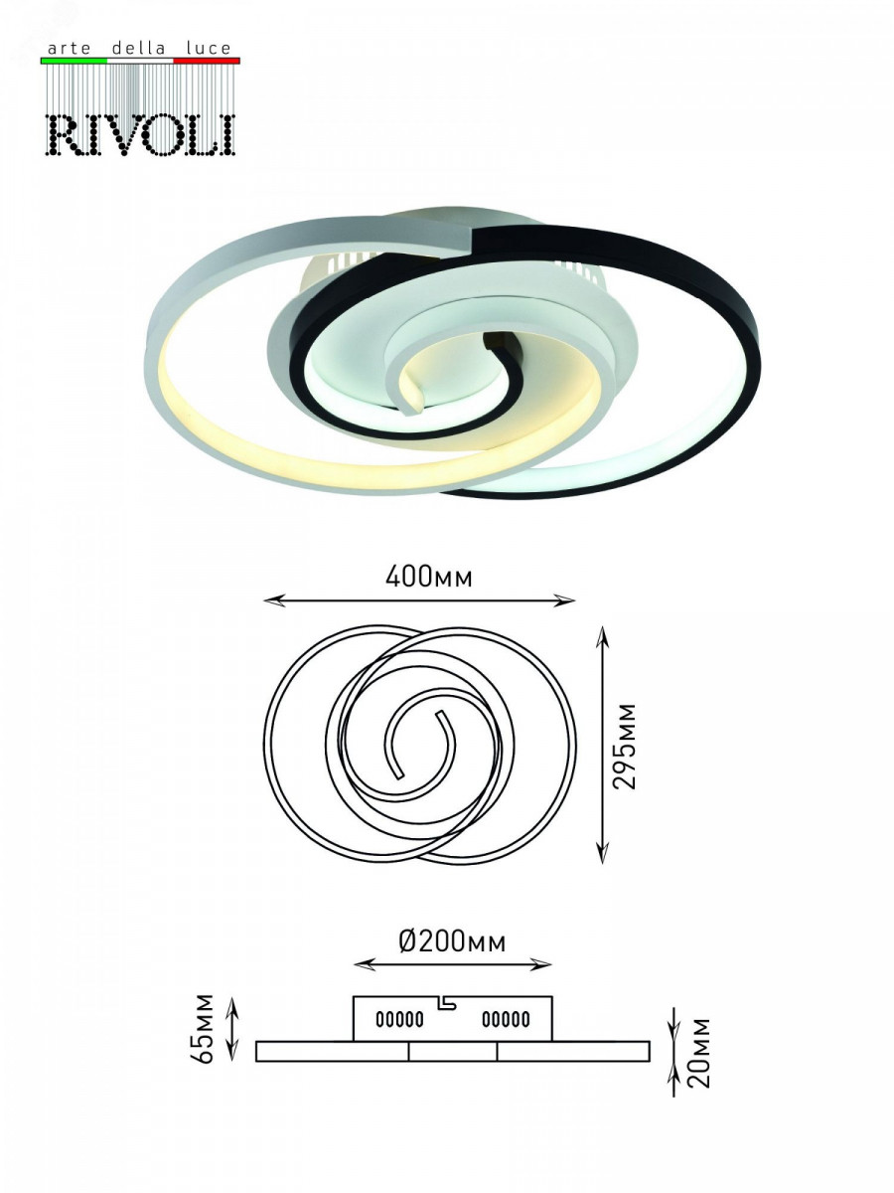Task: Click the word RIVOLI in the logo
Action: pyautogui.click(x=142, y=134)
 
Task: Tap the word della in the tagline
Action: pyautogui.click(x=138, y=49)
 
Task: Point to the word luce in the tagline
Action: pyautogui.click(x=209, y=49)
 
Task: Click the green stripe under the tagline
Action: pyautogui.click(x=74, y=61)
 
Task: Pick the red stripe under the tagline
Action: pyautogui.click(x=207, y=61)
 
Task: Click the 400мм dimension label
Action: pyautogui.click(x=429, y=578)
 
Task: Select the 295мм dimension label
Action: pyautogui.click(x=624, y=746)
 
